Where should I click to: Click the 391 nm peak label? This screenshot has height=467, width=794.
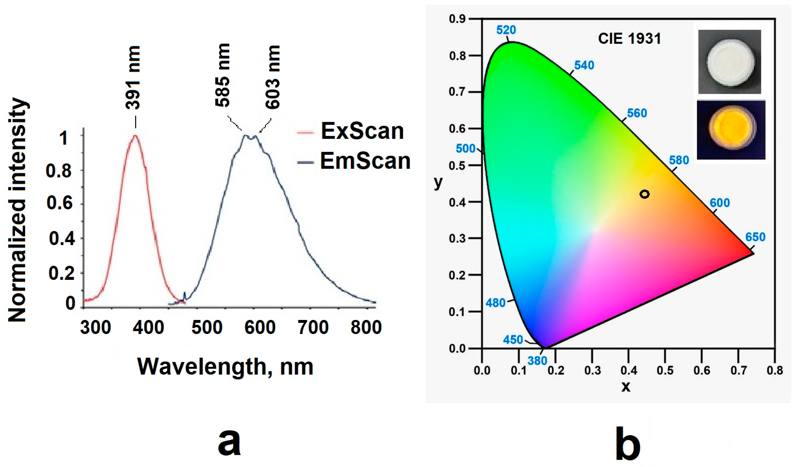[x=133, y=77]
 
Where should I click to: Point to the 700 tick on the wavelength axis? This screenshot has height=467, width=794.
[x=313, y=327]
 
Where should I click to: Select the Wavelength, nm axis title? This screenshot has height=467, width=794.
[x=225, y=367]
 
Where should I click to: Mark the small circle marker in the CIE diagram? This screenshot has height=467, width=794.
[x=645, y=194]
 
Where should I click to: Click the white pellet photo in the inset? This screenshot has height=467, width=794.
[x=730, y=62]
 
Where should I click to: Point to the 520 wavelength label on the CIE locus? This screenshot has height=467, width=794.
[x=506, y=30]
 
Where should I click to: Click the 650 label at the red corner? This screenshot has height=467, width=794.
[x=755, y=237]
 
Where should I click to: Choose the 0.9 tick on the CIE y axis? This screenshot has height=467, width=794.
[x=457, y=19]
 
